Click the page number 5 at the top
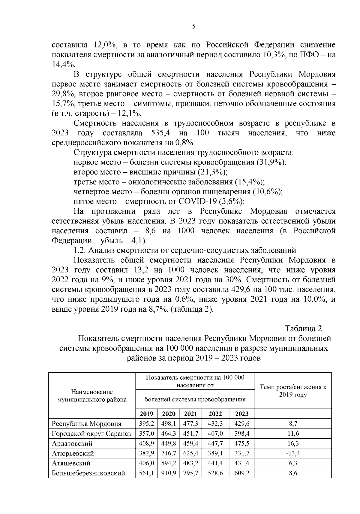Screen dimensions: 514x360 pos(193,26)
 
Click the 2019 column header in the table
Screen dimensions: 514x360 pos(146,414)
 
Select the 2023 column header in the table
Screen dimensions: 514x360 pos(242,414)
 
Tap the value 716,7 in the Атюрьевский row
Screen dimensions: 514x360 pos(169,453)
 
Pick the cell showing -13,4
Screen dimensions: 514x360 pos(293,453)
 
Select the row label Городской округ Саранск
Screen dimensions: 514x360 pos(91,434)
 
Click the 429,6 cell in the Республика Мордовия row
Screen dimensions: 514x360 pos(242,424)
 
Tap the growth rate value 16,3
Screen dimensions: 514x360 pos(293,443)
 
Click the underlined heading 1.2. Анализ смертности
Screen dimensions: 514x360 pos(185,250)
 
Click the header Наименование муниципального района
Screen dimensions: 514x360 pos(92,396)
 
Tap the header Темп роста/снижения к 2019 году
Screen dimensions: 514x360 pos(293,391)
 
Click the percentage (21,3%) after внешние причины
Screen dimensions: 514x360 pos(212,172)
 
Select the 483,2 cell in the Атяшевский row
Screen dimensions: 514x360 pos(190,463)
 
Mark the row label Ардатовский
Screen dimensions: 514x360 pos(72,443)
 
